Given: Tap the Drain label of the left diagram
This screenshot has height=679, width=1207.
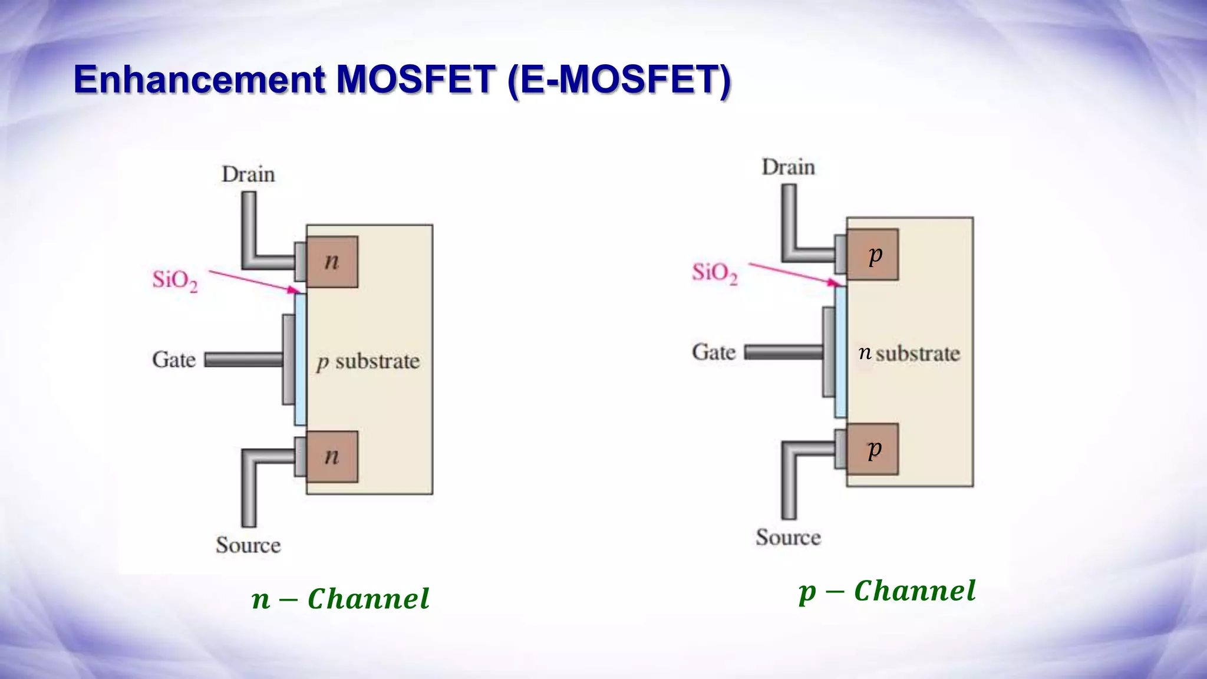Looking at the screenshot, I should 248,174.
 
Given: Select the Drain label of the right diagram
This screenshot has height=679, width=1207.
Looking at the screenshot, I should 788,167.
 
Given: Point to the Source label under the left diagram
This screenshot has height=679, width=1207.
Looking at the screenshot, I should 248,545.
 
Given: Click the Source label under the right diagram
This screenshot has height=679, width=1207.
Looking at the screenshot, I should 788,538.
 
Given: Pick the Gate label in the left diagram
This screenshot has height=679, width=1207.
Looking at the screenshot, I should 174,360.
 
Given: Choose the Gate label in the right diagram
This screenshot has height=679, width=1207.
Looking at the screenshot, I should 714,352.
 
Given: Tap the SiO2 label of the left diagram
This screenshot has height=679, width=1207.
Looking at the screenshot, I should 175,280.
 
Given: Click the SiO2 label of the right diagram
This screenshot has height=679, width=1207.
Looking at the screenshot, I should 714,273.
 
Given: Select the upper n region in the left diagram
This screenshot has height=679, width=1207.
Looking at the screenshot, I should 332,262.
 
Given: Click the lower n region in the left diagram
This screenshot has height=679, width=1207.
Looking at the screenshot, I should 332,457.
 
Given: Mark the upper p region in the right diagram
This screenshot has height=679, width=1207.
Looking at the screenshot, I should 873,255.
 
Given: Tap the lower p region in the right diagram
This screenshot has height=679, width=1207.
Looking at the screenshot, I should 873,449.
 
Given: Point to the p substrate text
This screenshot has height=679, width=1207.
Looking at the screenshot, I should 368,361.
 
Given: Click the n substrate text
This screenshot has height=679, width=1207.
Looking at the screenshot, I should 909,354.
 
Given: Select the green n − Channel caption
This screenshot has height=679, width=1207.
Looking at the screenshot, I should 340,599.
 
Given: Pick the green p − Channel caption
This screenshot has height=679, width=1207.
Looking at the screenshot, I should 887,591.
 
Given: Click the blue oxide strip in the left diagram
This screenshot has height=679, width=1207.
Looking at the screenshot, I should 300,360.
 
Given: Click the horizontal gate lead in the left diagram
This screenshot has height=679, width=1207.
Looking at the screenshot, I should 243,360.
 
